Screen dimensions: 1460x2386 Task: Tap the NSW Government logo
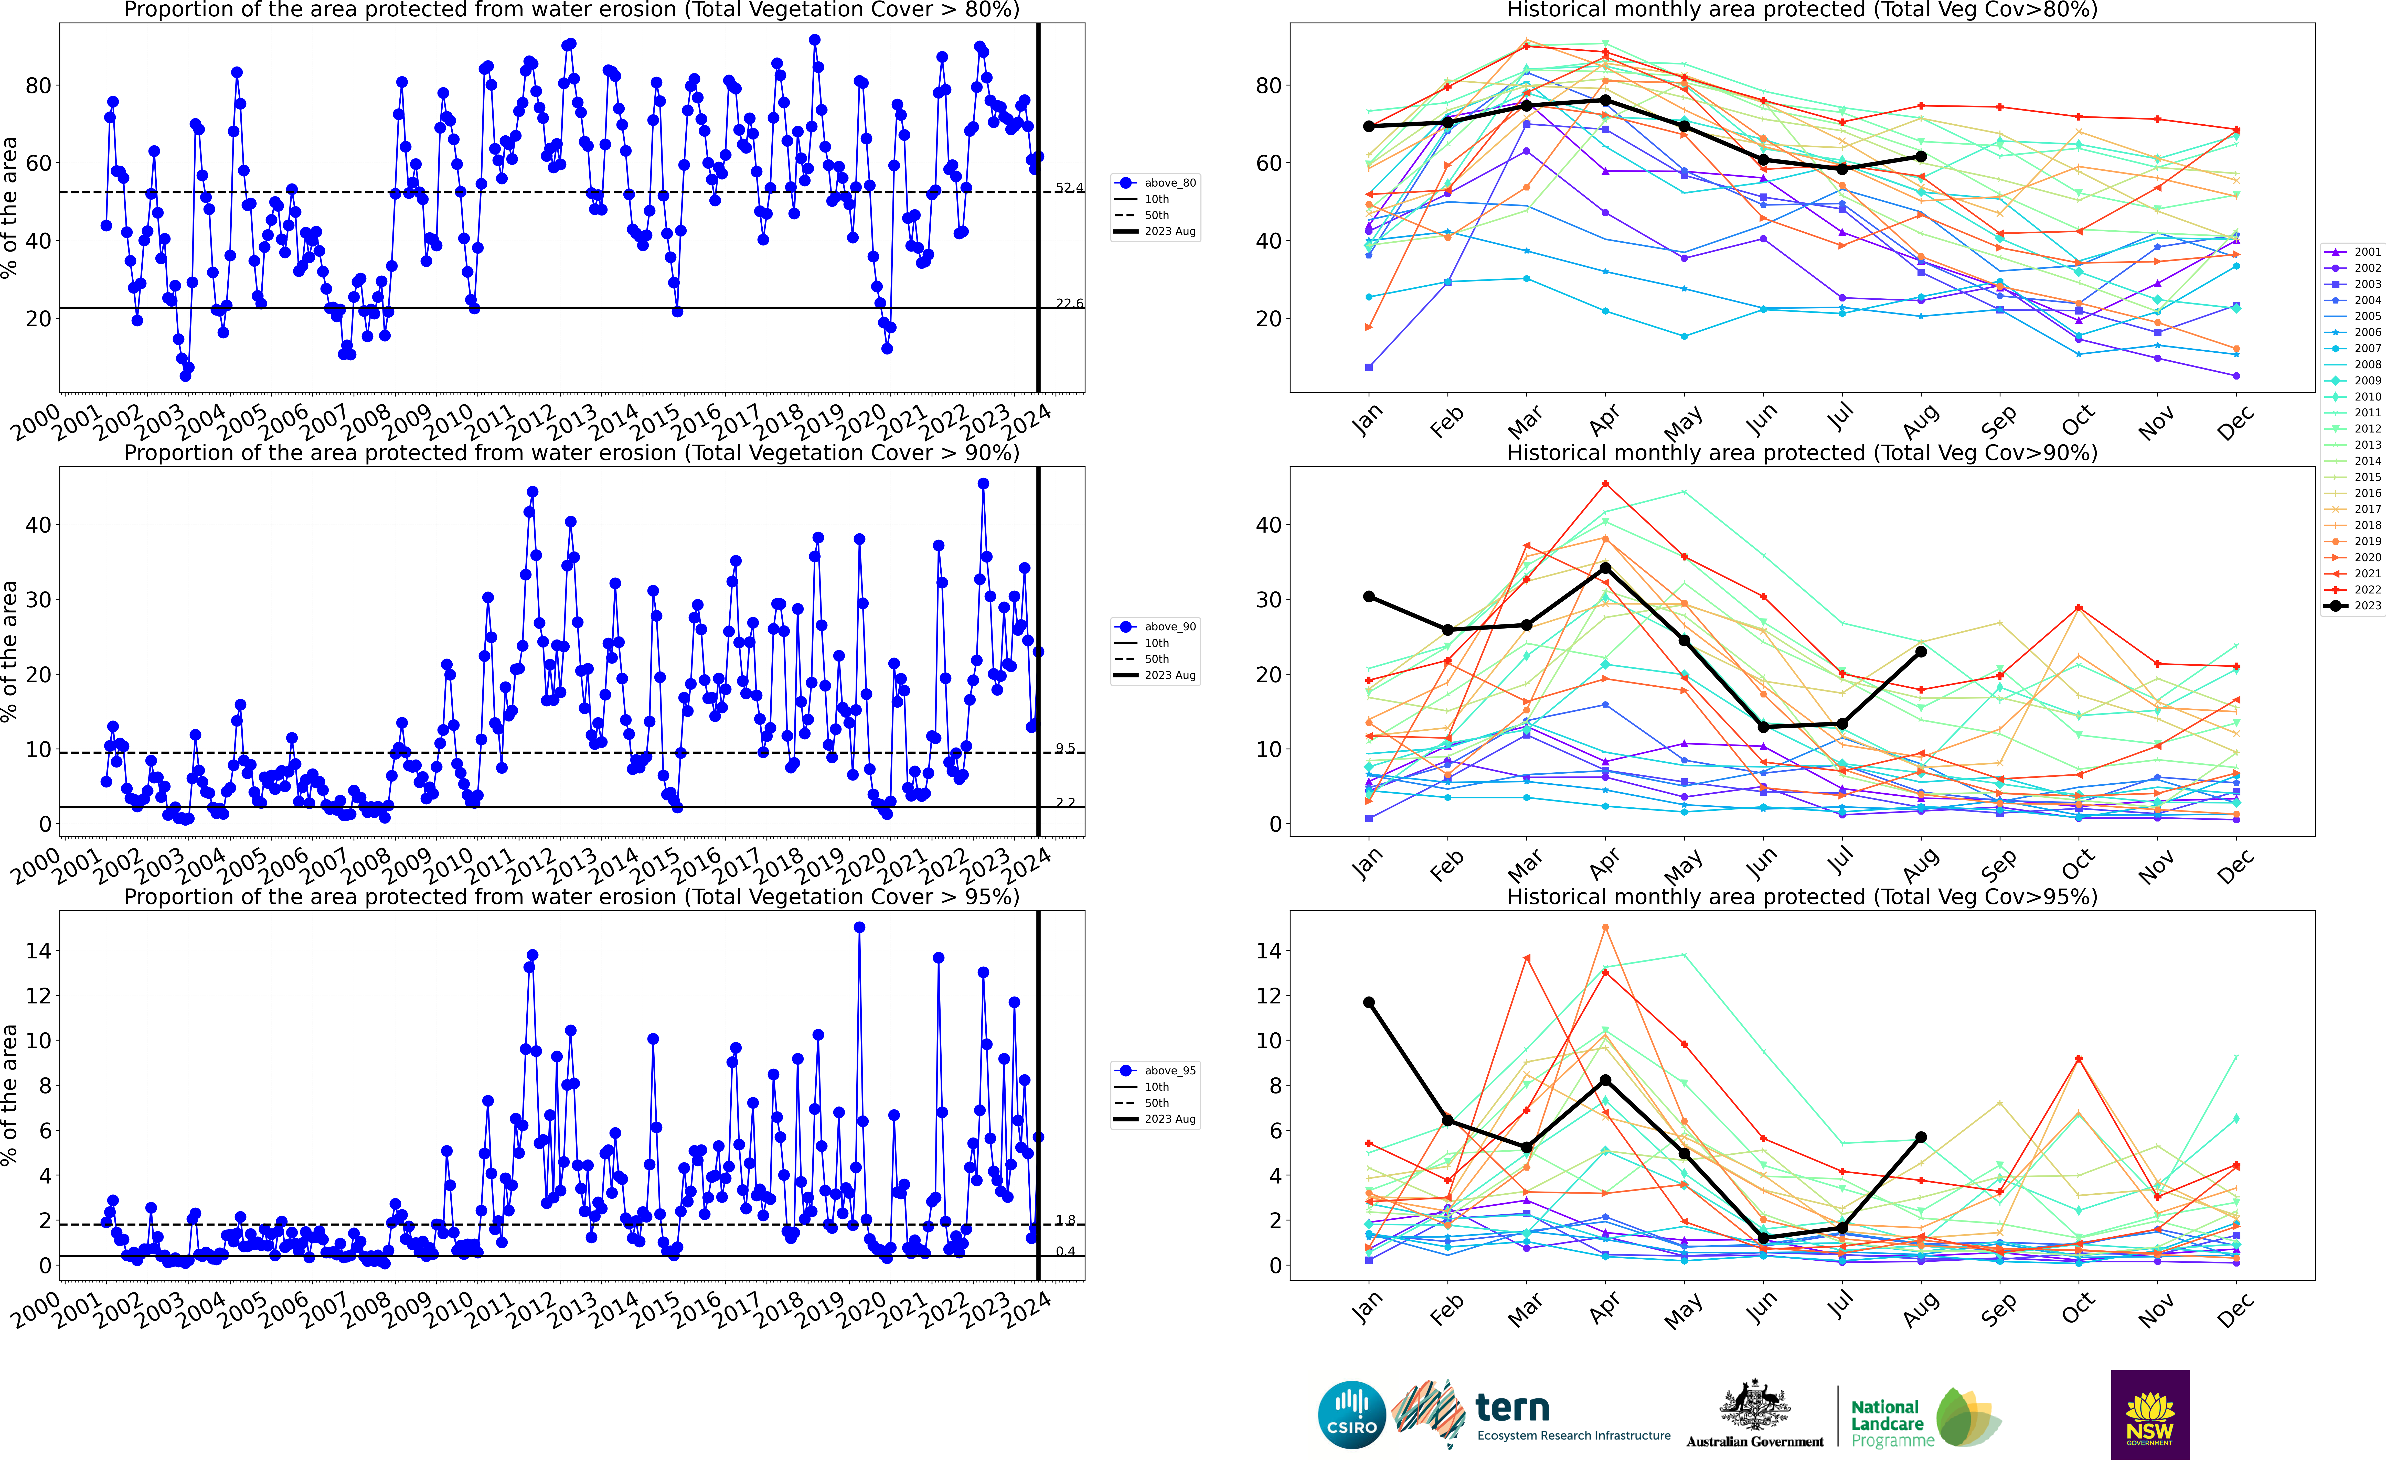[x=2150, y=1413]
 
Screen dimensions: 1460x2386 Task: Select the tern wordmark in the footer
[x=1512, y=1407]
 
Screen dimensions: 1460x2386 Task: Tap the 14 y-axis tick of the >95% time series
[x=38, y=951]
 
